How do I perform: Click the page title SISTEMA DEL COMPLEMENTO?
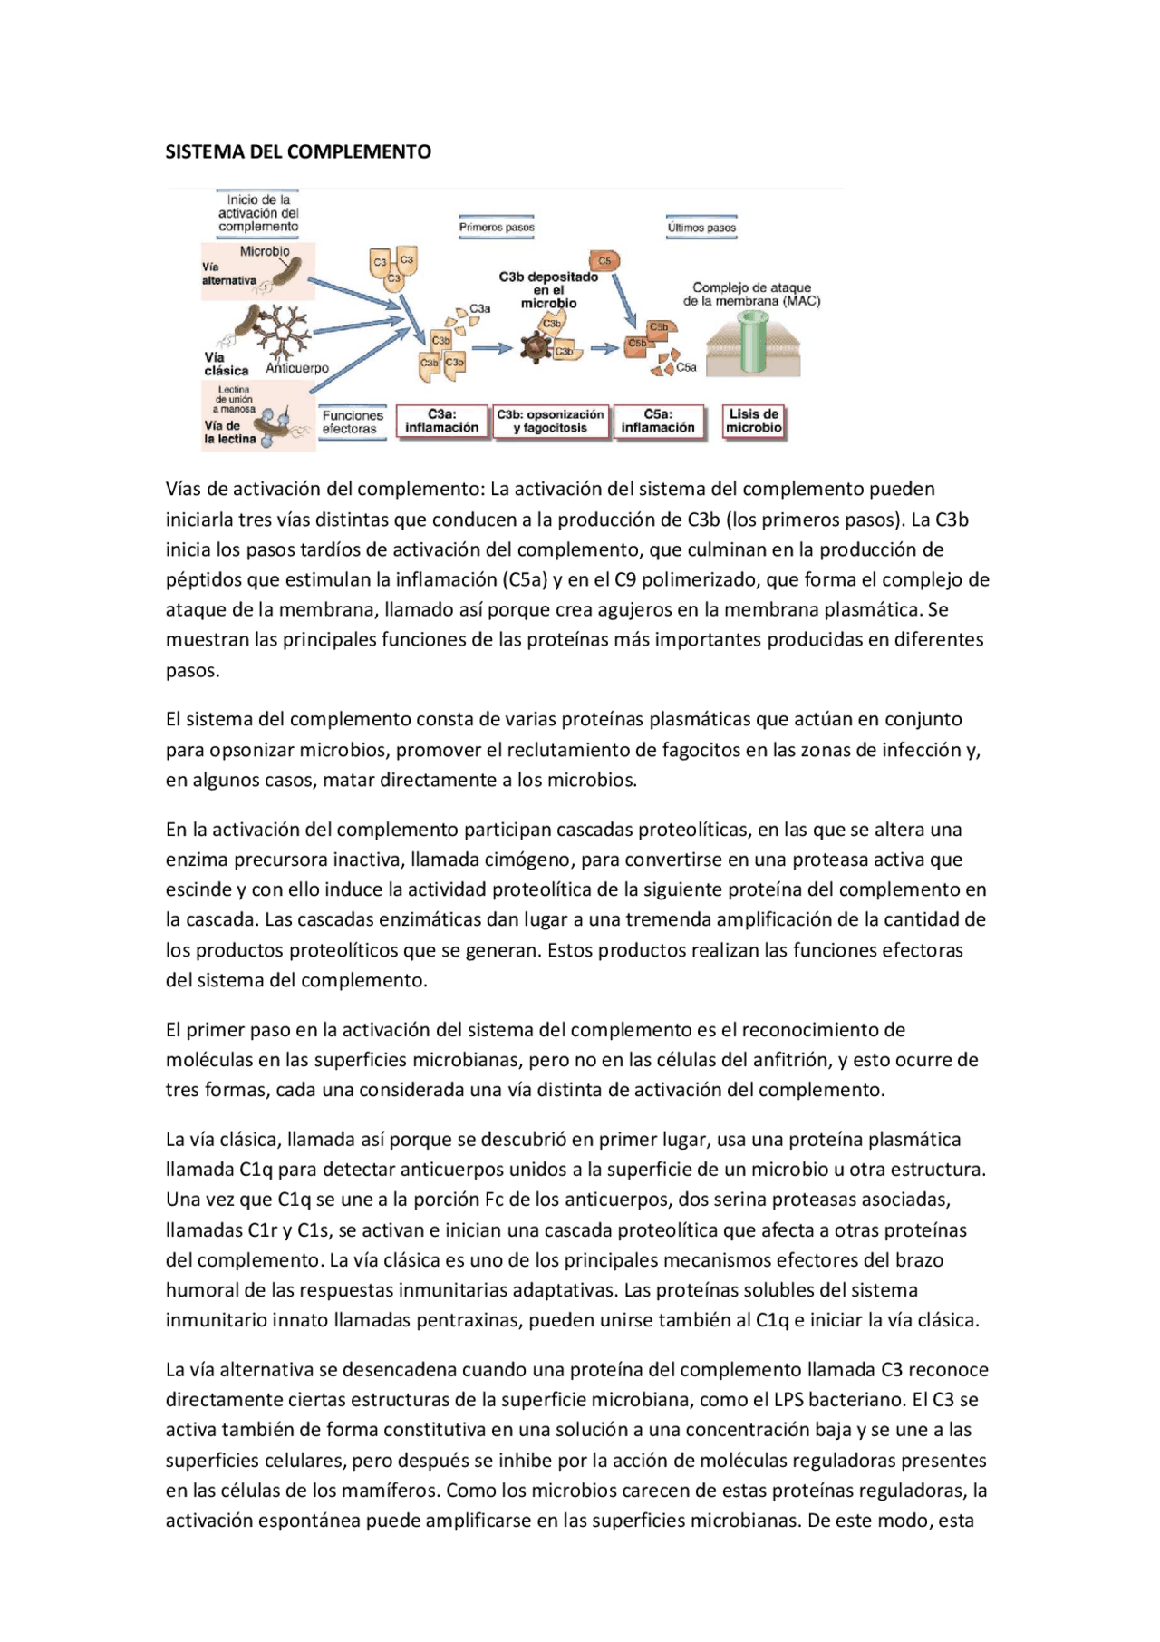pyautogui.click(x=298, y=151)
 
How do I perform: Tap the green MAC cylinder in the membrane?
pyautogui.click(x=754, y=343)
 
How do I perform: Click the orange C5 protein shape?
pyautogui.click(x=604, y=261)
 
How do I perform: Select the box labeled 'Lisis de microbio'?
pyautogui.click(x=753, y=421)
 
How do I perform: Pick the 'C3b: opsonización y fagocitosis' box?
pyautogui.click(x=550, y=422)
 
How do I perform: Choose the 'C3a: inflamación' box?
pyautogui.click(x=441, y=422)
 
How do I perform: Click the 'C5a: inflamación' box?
pyautogui.click(x=658, y=422)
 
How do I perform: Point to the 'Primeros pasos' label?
pyautogui.click(x=497, y=228)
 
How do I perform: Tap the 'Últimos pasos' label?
pyautogui.click(x=701, y=228)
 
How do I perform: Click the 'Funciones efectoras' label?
pyautogui.click(x=353, y=423)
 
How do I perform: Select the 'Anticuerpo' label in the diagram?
pyautogui.click(x=297, y=368)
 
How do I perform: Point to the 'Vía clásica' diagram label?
pyautogui.click(x=225, y=364)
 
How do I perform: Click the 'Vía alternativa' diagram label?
pyautogui.click(x=227, y=274)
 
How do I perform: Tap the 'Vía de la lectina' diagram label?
pyautogui.click(x=228, y=432)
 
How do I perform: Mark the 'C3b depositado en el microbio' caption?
pyautogui.click(x=548, y=290)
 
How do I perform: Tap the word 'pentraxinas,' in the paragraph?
pyautogui.click(x=469, y=1320)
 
